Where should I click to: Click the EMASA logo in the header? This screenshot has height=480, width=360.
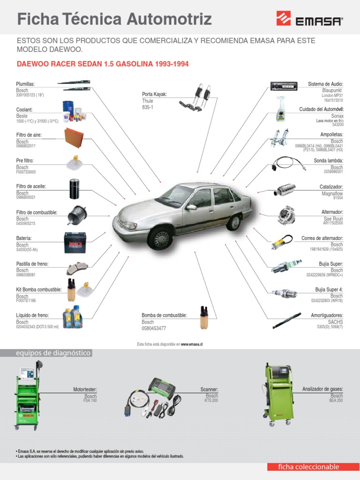pos(309,20)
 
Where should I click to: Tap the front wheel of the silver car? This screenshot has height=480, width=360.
pos(161,238)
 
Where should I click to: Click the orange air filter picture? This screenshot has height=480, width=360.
pos(75,135)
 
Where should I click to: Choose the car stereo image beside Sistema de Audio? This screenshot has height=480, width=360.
pos(283,86)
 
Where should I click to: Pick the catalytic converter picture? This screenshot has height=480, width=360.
pos(285,190)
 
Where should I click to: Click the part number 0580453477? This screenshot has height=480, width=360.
pos(154,329)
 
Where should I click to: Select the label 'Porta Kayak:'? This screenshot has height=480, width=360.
pos(155,94)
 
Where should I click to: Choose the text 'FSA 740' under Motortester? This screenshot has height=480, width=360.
pos(90,401)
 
